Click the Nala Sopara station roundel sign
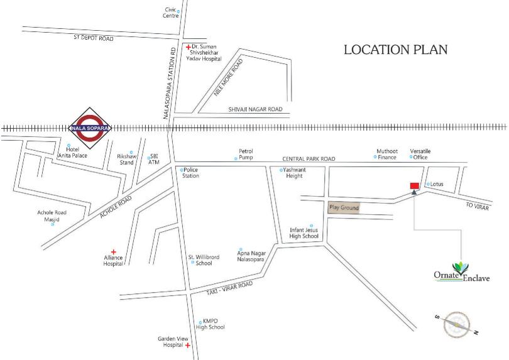click(x=89, y=128)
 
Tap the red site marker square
click(x=414, y=185)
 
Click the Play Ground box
click(x=344, y=207)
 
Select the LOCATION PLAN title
click(x=395, y=50)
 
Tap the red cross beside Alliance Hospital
click(x=114, y=251)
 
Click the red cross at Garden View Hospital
click(x=187, y=346)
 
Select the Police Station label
click(x=190, y=173)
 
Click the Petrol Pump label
click(x=245, y=154)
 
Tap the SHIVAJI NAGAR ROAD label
click(x=255, y=109)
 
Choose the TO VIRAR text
click(x=477, y=207)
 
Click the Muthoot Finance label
click(x=387, y=154)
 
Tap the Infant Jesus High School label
click(x=304, y=232)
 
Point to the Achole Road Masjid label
click(x=52, y=216)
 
